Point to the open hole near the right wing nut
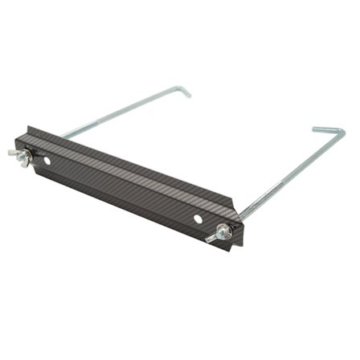point(197,218)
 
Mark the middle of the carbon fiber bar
point(129,173)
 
